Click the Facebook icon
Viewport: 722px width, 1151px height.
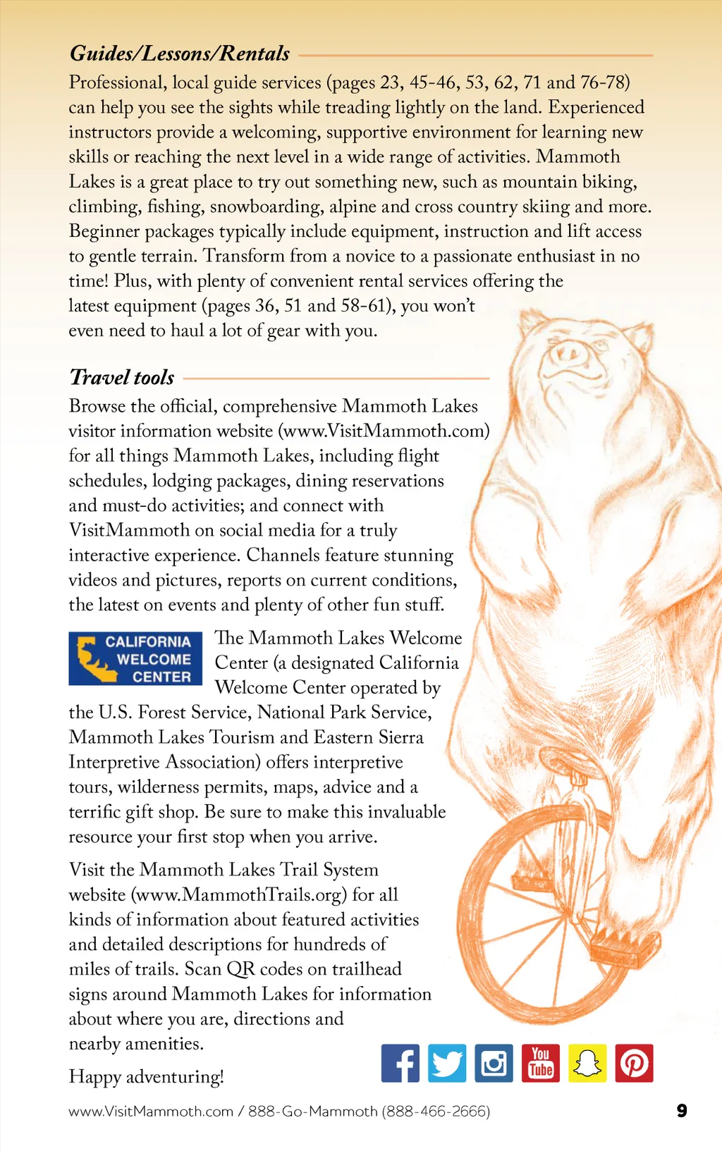tap(400, 1063)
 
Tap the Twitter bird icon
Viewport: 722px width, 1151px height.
tap(447, 1063)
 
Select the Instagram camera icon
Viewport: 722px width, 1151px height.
tap(494, 1063)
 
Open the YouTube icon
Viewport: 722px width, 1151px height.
tap(541, 1063)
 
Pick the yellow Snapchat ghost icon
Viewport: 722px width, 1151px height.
tap(587, 1063)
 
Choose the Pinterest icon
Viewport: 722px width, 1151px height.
tap(634, 1063)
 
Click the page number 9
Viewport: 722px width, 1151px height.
tap(682, 1111)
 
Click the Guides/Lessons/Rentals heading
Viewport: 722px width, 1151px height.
tap(180, 54)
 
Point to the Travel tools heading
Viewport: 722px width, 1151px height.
tap(122, 378)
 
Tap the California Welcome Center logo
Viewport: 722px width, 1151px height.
tap(135, 658)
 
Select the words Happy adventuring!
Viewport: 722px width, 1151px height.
tap(146, 1076)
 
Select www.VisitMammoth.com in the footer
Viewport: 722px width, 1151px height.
tap(151, 1112)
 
